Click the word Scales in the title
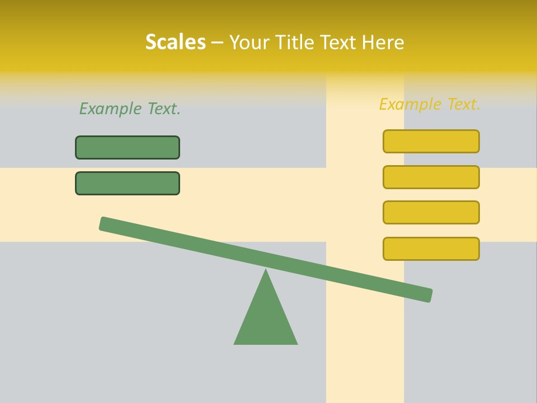tap(175, 42)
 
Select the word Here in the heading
tap(383, 42)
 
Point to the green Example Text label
tap(130, 109)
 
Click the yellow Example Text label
tap(430, 104)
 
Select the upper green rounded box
tap(128, 147)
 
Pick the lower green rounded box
tap(128, 183)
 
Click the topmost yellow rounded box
tap(431, 141)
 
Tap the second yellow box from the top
tap(431, 177)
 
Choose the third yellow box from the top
tap(431, 212)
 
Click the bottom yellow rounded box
tap(431, 249)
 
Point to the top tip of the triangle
tap(266, 271)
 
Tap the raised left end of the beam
tap(104, 223)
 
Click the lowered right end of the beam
tap(427, 295)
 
